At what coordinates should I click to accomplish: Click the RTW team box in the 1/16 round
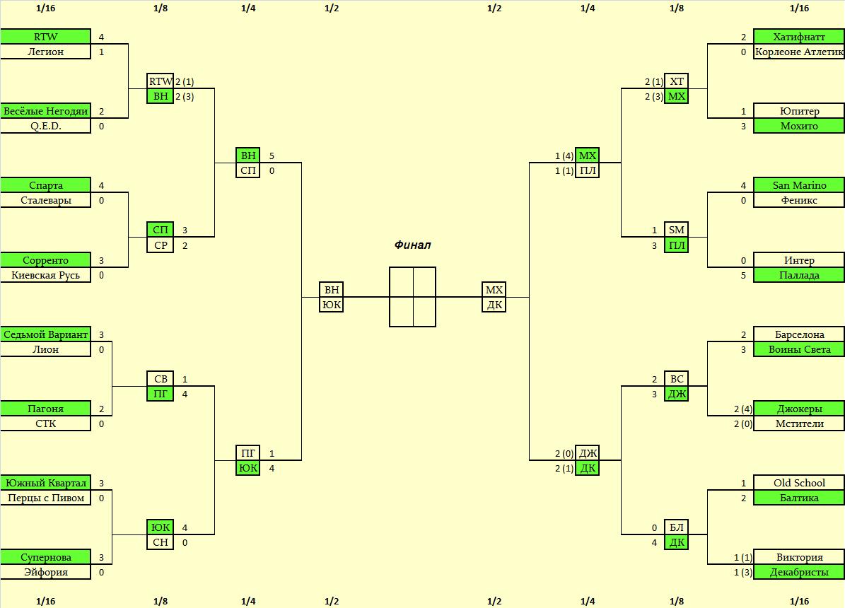(x=45, y=37)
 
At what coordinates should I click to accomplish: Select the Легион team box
(x=45, y=52)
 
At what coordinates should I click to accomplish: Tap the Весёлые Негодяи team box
(x=45, y=111)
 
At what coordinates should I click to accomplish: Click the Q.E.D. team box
(x=45, y=126)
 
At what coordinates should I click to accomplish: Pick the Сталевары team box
(x=45, y=200)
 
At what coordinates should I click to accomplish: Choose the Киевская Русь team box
(x=45, y=275)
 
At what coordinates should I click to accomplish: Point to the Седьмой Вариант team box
(x=45, y=334)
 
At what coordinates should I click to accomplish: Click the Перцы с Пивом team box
(x=45, y=498)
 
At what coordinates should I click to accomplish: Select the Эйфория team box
(x=45, y=572)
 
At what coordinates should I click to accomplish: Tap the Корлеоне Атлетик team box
(x=799, y=52)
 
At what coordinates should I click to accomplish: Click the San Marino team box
(x=799, y=185)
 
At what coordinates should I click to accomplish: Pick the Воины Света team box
(x=799, y=349)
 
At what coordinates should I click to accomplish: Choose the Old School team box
(x=799, y=483)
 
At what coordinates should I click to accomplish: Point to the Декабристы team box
(x=799, y=572)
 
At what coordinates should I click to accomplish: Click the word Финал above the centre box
(x=412, y=245)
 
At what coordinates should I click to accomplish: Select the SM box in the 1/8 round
(x=677, y=230)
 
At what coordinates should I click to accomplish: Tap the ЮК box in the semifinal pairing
(x=331, y=305)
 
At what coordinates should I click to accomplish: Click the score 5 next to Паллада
(x=743, y=275)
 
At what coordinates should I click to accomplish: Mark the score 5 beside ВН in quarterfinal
(x=272, y=156)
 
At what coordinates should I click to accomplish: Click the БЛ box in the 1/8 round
(x=677, y=527)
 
